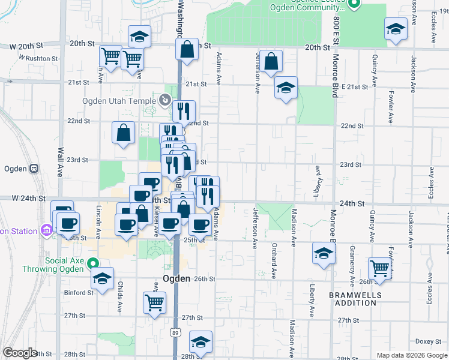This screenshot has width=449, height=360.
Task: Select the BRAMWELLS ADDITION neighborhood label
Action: tap(352, 299)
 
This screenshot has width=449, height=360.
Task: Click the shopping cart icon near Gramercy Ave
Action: tap(380, 269)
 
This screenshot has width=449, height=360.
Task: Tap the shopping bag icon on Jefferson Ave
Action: tap(271, 62)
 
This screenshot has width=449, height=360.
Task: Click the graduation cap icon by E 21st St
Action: tap(286, 88)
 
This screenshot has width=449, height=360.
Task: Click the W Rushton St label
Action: tap(38, 59)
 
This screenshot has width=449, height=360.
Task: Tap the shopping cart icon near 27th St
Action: tap(155, 302)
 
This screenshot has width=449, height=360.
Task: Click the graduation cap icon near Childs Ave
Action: tap(103, 278)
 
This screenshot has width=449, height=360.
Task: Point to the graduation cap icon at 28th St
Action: tap(200, 341)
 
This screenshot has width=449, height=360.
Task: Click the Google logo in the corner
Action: tap(20, 353)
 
